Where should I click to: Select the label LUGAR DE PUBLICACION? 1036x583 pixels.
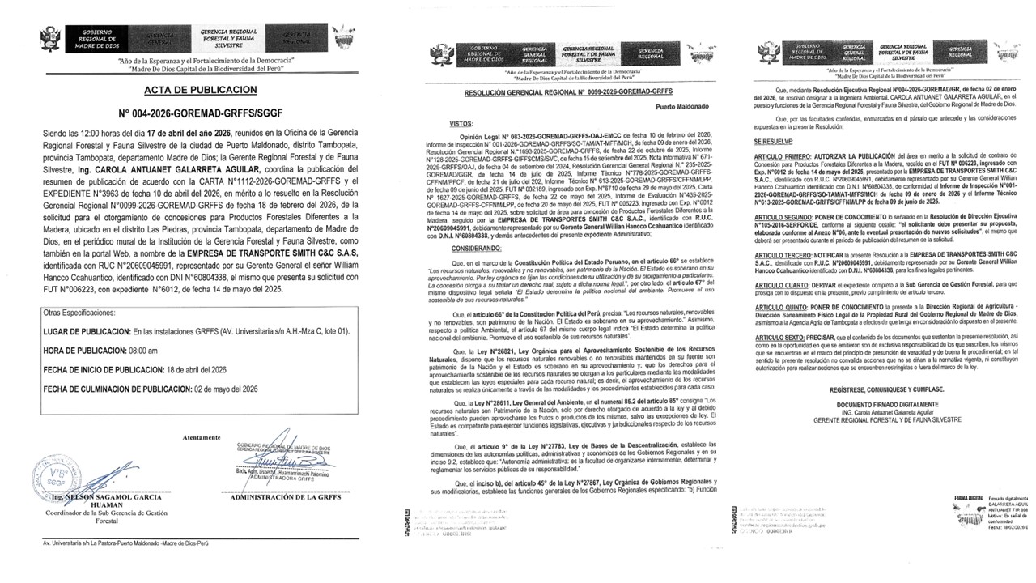coord(87,308)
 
